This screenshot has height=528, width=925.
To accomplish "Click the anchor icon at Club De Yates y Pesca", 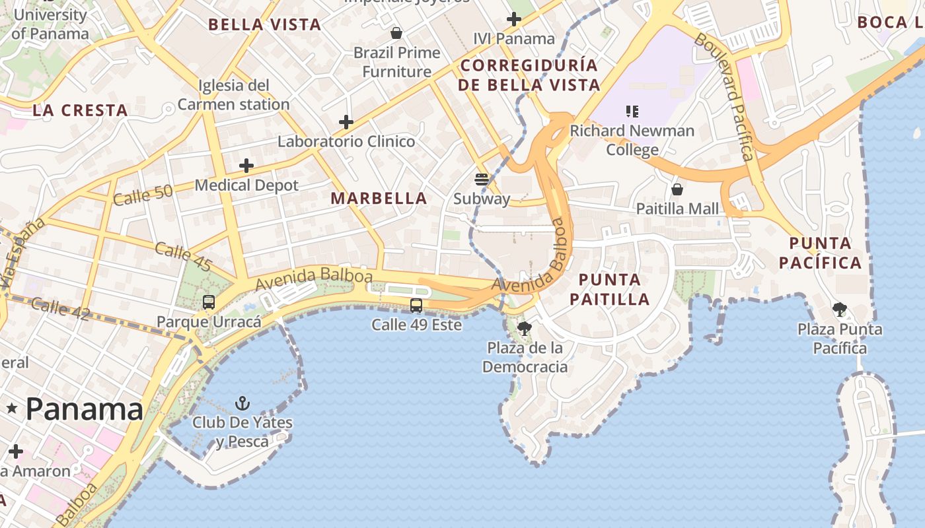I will click(x=243, y=403).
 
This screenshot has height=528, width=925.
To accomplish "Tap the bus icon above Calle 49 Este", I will click(x=416, y=305).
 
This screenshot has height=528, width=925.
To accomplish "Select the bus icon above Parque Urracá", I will click(x=209, y=302).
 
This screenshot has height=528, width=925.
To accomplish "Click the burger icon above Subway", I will click(x=482, y=179).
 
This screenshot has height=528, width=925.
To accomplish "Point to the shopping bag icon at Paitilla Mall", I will click(x=677, y=190).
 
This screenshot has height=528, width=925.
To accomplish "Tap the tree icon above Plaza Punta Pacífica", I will click(x=840, y=309).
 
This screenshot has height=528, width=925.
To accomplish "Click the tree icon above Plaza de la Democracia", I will click(x=525, y=328).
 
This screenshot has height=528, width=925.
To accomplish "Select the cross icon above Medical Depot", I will click(x=246, y=166).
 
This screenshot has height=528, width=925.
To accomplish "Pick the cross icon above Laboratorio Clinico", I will click(x=346, y=122).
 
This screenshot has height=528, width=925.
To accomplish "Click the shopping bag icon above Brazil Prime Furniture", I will click(x=396, y=33).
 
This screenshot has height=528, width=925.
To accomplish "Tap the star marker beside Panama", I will click(x=11, y=409).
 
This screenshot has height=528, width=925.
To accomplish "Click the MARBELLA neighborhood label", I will click(x=379, y=198).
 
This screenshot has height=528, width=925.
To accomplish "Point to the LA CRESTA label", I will click(x=80, y=110).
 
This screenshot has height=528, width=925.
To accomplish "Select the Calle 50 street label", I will click(x=143, y=195).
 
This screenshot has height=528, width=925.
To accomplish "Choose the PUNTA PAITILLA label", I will click(x=610, y=289).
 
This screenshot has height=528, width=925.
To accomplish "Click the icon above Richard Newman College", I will click(x=632, y=112).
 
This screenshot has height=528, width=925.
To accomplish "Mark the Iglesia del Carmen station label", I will click(x=234, y=94).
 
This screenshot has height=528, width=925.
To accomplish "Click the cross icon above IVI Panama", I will click(x=513, y=19).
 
